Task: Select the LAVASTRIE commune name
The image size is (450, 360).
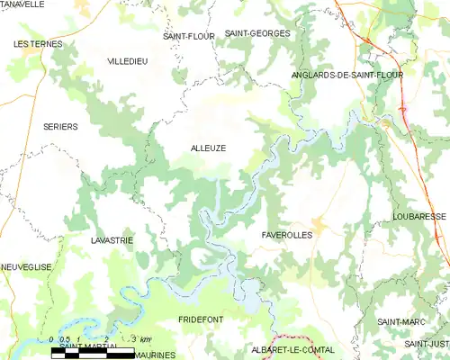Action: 112,240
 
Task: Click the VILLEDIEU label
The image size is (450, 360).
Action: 127,60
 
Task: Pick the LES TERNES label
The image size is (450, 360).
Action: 39,43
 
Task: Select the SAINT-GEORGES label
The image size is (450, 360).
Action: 258,33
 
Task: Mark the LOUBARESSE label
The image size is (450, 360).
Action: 419,217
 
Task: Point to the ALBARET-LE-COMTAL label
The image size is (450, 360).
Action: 292,349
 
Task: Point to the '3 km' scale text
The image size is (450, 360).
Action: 140,338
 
